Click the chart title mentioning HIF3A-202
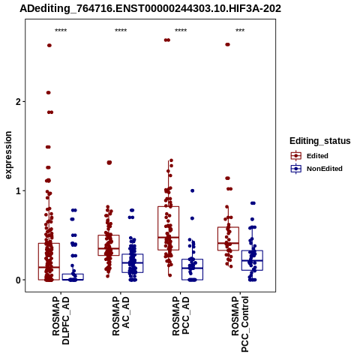150,8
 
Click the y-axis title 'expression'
8,155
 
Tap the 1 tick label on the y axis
19,191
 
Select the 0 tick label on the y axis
19,280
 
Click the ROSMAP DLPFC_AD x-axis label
61,320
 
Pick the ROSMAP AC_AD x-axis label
121,316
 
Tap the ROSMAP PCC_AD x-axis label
181,316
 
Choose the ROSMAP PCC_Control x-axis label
240,324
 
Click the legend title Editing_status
320,141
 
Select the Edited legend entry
310,156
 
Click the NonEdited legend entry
316,169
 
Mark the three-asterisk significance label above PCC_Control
240,31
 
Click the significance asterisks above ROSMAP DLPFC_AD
61,31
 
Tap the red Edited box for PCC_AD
169,228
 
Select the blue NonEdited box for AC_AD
133,263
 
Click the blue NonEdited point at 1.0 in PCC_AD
193,190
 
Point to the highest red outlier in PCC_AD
167,40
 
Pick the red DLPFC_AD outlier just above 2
49,93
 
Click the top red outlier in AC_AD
109,163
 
